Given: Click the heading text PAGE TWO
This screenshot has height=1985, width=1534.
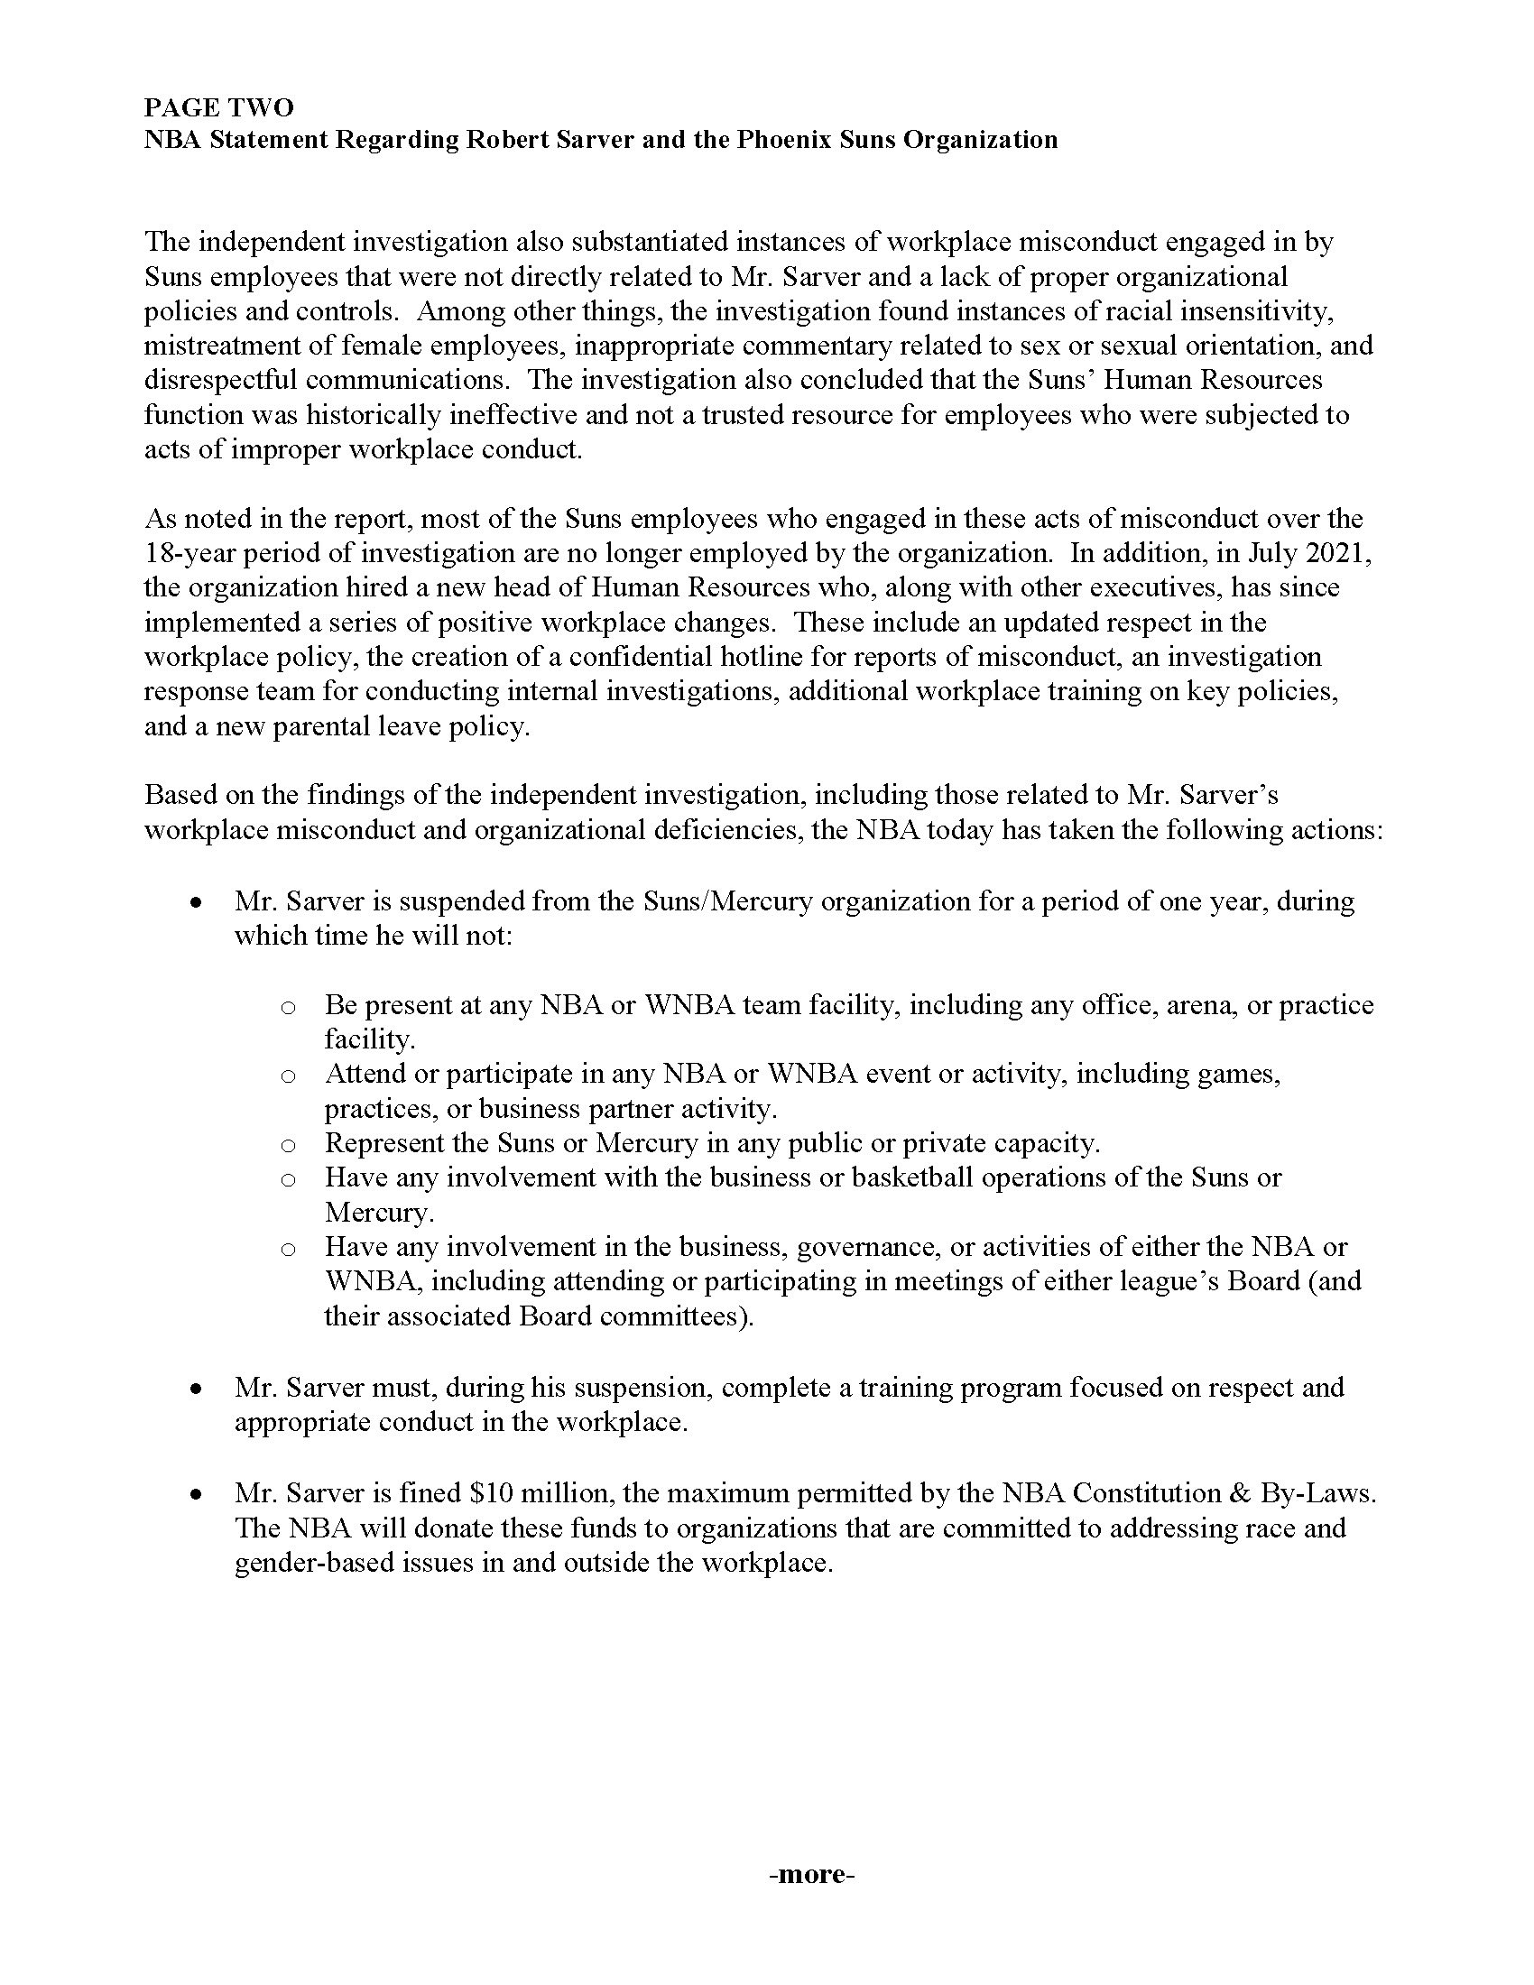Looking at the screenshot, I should [219, 107].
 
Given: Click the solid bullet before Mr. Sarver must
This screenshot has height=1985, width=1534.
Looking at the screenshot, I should [196, 1389].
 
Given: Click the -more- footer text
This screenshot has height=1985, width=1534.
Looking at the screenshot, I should [811, 1875].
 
